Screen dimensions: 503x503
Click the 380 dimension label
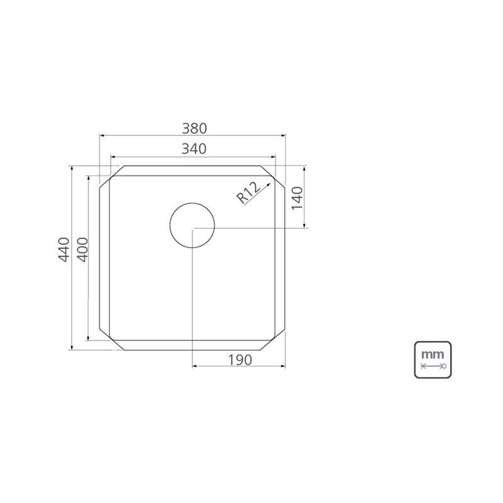coord(194,129)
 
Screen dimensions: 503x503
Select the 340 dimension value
coord(194,149)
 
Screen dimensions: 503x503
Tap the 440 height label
coord(64,250)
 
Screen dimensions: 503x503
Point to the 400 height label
coord(82,250)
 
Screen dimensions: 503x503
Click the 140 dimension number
coord(297,198)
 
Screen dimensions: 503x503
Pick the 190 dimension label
coord(240,360)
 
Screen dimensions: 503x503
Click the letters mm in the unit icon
coord(433,355)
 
